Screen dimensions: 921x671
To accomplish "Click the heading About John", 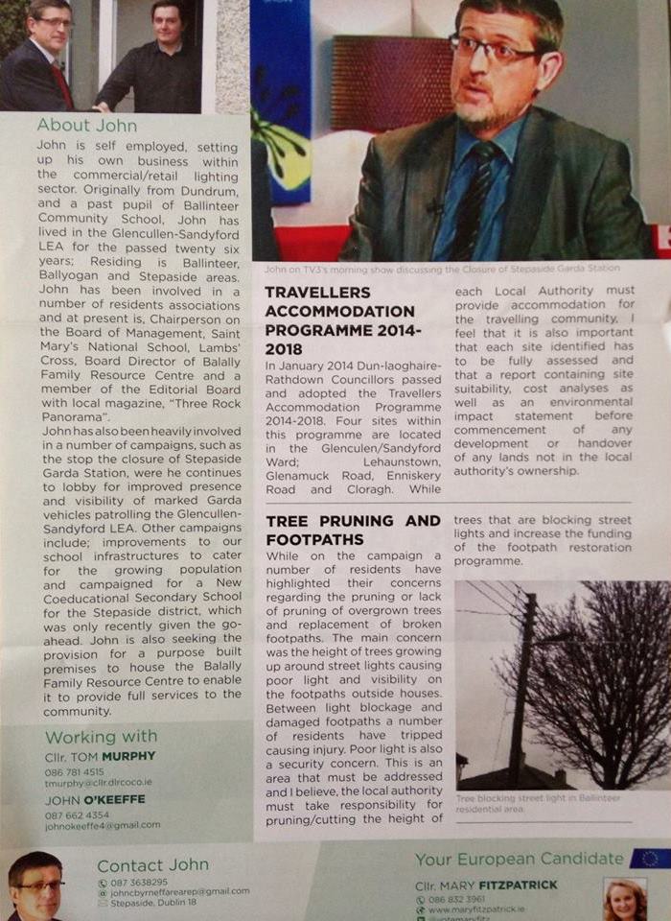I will click(87, 125).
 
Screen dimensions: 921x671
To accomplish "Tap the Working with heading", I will click(101, 737).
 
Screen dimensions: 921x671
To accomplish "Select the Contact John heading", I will click(152, 865).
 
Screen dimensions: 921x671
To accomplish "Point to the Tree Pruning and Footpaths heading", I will click(353, 530).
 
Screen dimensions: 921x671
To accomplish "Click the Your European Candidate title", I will click(519, 859).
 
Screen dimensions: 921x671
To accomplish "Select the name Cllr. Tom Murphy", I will click(101, 756).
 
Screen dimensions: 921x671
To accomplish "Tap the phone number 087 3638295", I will click(139, 882).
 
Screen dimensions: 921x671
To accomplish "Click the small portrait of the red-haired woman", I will click(624, 900).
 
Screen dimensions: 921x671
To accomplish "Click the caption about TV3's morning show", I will click(441, 268).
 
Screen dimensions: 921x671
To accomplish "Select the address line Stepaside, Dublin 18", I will click(153, 902).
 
